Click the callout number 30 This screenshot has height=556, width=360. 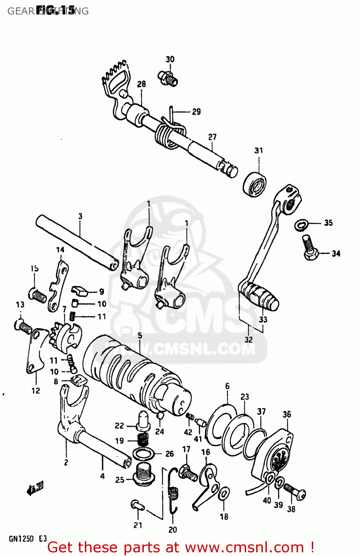pyautogui.click(x=170, y=59)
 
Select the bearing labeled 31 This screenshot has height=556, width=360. pyautogui.click(x=255, y=184)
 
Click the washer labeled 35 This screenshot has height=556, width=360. pyautogui.click(x=301, y=225)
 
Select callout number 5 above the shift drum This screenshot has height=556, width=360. pyautogui.click(x=140, y=335)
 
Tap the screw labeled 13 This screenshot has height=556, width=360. pyautogui.click(x=23, y=326)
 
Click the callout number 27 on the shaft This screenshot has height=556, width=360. pyautogui.click(x=212, y=137)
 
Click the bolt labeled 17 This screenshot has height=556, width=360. pyautogui.click(x=188, y=473)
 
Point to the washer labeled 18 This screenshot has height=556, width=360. pyautogui.click(x=224, y=494)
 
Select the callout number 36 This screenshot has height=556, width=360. pyautogui.click(x=287, y=414)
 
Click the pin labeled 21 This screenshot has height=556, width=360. pyautogui.click(x=136, y=504)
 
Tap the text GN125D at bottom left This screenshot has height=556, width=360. pyautogui.click(x=21, y=539)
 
